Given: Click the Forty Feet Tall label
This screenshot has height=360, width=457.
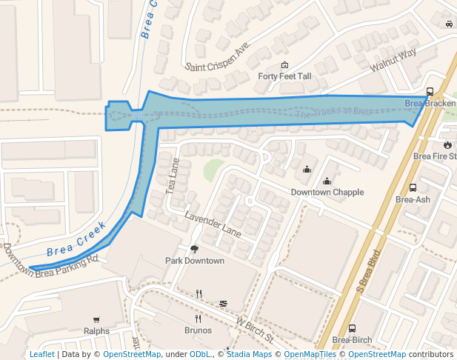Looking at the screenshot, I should tap(284, 76).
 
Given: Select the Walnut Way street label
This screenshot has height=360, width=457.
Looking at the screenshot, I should tap(393, 60).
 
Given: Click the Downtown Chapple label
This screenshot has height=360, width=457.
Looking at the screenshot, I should tap(327, 192).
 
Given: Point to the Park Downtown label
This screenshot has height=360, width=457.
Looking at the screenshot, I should tap(194, 261).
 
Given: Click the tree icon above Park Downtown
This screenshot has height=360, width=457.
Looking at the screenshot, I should tap(194, 250).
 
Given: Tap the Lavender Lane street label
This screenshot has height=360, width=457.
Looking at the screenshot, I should tap(213, 224).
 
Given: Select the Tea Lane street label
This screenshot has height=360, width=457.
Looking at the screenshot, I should tap(175, 176).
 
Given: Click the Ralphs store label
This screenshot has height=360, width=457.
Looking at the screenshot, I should tap(96, 331).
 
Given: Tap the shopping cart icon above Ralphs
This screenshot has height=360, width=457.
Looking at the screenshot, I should tap(96, 319).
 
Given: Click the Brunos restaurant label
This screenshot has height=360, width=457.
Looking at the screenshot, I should tap(198, 330).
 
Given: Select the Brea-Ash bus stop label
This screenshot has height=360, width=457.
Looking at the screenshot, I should tap(413, 199).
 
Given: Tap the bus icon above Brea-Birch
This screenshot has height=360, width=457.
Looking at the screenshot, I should tap(352, 328).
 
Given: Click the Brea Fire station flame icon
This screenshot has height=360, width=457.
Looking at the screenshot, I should tap(448, 144).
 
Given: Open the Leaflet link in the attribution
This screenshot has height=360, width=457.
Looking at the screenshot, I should tap(41, 354).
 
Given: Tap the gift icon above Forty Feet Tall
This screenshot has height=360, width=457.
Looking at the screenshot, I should tap(284, 65).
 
